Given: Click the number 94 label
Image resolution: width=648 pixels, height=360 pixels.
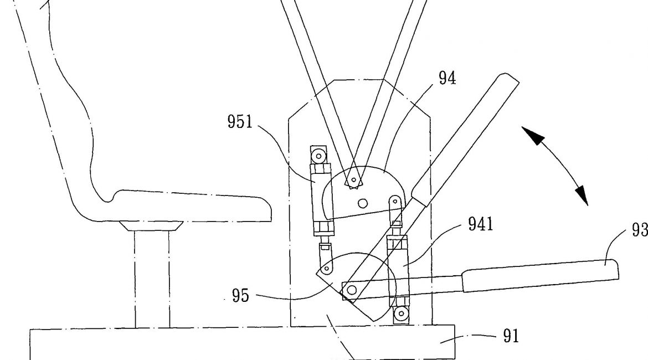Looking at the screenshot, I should (x=448, y=78).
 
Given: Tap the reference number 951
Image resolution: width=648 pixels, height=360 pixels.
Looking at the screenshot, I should (x=240, y=121).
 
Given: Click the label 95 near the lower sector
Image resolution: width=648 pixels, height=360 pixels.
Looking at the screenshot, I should (x=240, y=296).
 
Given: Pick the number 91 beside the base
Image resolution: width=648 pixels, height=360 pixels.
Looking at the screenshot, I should (x=510, y=336).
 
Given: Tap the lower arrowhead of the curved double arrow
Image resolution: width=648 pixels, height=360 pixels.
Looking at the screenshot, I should (x=582, y=195).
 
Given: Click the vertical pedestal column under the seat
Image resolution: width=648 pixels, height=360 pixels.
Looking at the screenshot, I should (x=152, y=280).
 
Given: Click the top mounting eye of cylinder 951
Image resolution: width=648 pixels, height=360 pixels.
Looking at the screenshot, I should (x=318, y=155).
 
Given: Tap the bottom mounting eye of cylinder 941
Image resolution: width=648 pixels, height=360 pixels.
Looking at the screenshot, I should (x=399, y=315).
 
